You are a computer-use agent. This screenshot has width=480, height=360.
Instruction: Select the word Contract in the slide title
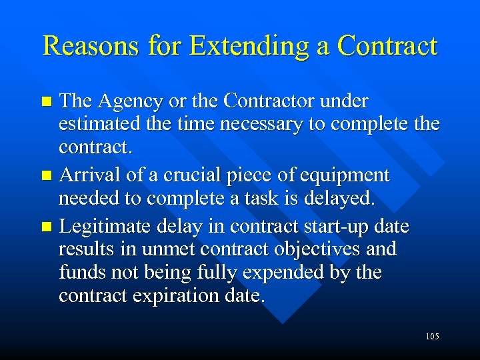coord(387,46)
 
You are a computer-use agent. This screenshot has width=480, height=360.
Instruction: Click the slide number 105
coord(431,337)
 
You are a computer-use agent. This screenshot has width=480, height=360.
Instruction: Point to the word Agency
coord(130,101)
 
